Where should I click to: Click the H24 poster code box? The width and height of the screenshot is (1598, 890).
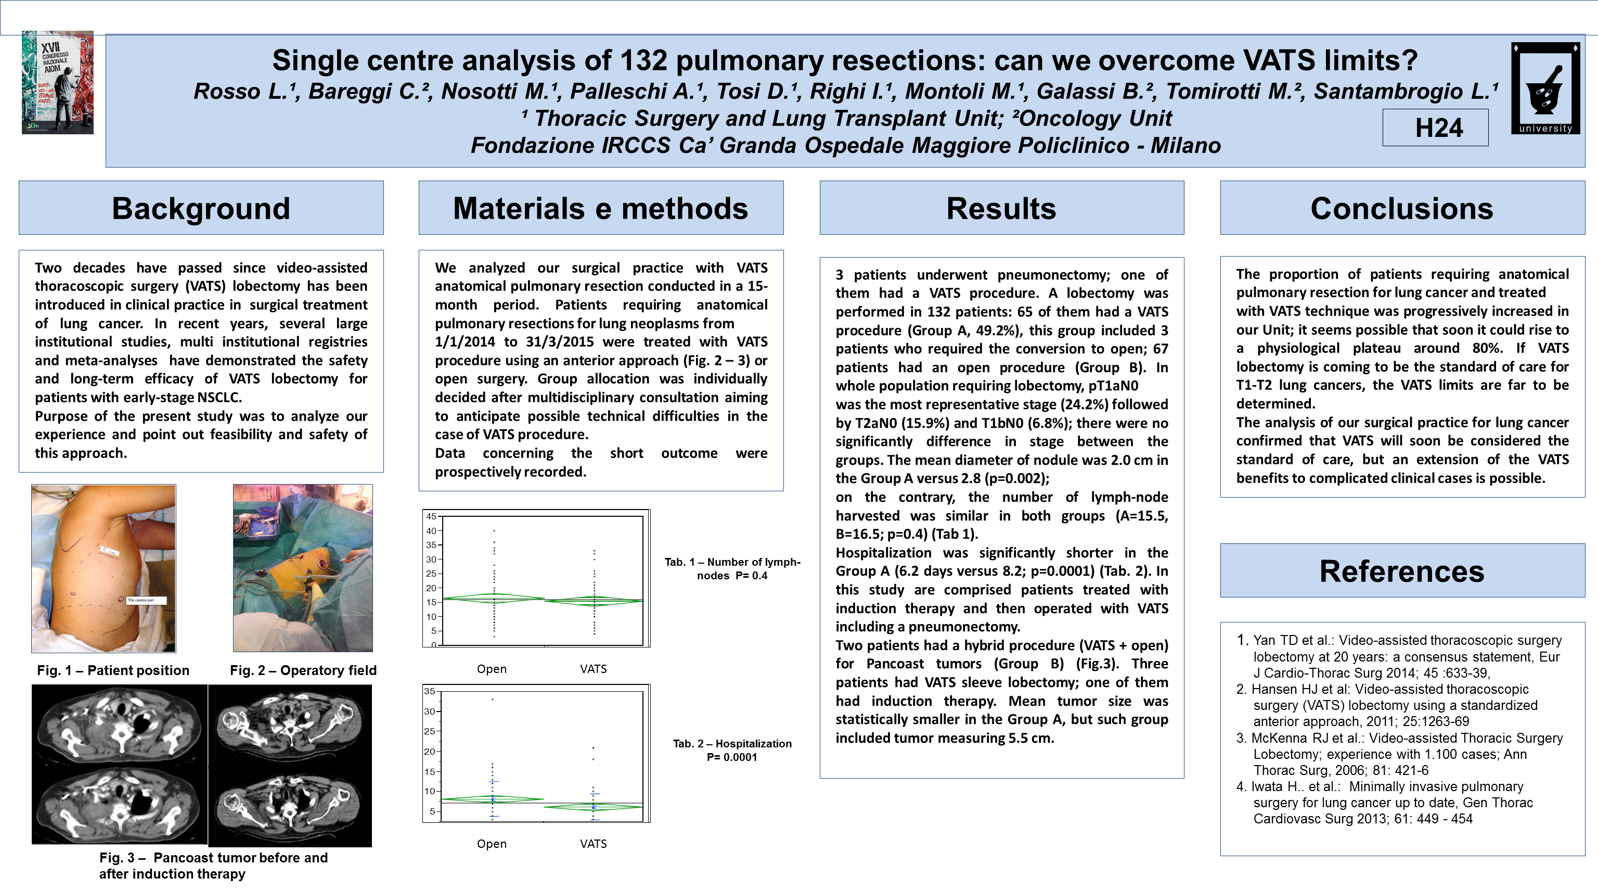click(x=1435, y=128)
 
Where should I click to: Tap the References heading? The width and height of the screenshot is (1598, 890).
click(x=1402, y=571)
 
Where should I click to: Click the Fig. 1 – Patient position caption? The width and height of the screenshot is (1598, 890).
click(x=113, y=670)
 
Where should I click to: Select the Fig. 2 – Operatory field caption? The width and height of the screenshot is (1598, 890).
click(x=303, y=670)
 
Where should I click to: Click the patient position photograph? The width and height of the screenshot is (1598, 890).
click(x=104, y=568)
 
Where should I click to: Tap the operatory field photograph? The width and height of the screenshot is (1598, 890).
click(x=303, y=568)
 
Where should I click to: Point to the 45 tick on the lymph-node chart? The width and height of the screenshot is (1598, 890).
click(x=431, y=516)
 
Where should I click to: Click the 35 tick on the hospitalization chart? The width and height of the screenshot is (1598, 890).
click(x=429, y=691)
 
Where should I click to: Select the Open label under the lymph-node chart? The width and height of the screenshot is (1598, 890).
click(x=491, y=669)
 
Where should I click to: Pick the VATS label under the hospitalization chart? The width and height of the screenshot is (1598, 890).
click(x=593, y=844)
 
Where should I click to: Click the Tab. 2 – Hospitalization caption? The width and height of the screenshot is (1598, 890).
click(x=732, y=751)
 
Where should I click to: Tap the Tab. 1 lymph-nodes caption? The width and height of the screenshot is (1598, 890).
click(x=732, y=568)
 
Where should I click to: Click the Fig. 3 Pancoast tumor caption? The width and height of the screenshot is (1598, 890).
click(x=213, y=866)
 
